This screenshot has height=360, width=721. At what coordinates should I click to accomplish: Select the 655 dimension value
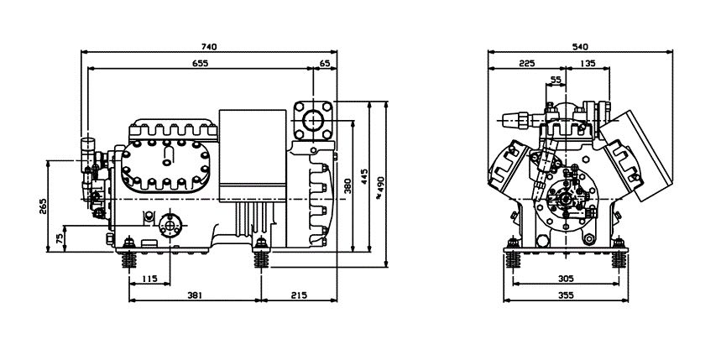[200, 63]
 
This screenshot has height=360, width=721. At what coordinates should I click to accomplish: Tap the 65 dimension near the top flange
[325, 63]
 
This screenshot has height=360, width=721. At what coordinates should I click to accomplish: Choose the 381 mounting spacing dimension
[195, 296]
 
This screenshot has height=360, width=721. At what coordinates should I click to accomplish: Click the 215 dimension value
[299, 296]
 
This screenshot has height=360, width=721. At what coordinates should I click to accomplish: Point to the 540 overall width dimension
[579, 47]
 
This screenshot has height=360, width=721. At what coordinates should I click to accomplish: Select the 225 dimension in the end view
[526, 63]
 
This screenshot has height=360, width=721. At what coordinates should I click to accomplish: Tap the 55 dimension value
[556, 80]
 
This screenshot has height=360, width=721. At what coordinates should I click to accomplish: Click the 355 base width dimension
[567, 296]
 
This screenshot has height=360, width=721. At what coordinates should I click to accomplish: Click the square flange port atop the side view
[314, 119]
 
